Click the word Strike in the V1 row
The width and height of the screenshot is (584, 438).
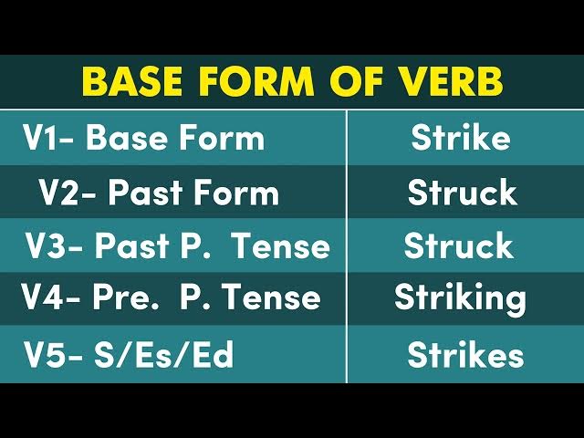click(460, 139)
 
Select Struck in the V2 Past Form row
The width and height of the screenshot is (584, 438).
click(462, 193)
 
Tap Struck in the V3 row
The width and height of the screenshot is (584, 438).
click(458, 245)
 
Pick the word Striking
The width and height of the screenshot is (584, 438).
click(460, 298)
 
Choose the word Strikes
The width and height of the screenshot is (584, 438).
click(465, 353)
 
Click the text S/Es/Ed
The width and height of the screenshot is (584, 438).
click(164, 355)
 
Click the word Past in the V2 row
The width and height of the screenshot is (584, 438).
click(145, 193)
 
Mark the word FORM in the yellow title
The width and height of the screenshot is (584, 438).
click(256, 82)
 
